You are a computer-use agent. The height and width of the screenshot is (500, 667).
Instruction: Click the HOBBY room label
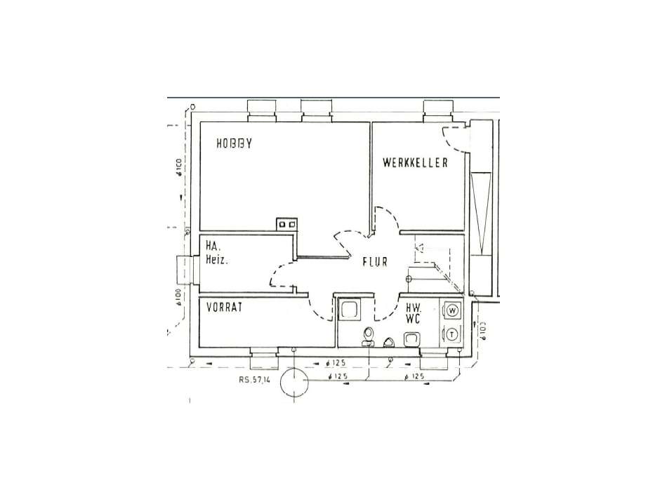click(x=235, y=143)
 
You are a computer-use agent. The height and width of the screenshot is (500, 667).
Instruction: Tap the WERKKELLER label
click(x=416, y=162)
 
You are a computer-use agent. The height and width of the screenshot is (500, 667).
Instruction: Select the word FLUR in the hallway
click(x=376, y=263)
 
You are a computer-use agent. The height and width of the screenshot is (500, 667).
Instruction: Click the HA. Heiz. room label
click(x=218, y=253)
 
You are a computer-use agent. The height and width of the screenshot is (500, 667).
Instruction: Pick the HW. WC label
click(x=413, y=312)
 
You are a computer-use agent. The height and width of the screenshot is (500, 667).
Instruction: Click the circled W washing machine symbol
click(x=453, y=310)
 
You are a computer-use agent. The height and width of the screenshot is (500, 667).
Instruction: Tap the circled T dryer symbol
click(x=453, y=334)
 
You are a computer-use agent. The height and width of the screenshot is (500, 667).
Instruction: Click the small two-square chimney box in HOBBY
click(x=286, y=224)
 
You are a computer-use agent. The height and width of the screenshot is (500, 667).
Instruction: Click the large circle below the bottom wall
click(x=294, y=383)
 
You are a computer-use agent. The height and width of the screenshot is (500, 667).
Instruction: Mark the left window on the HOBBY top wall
click(x=263, y=109)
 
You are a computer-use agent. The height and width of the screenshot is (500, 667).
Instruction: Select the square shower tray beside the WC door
click(x=349, y=309)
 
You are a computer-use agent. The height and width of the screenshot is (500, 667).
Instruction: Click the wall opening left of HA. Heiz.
click(x=185, y=269)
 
